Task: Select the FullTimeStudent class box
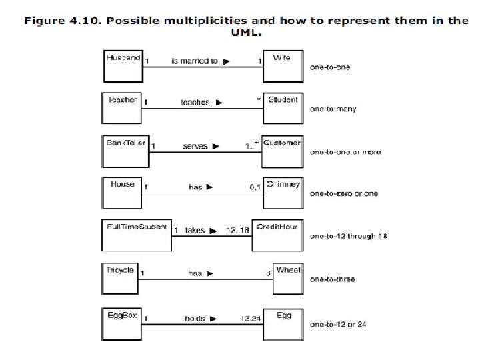coord(137,234)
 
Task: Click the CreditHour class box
coord(276,234)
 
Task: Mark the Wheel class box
coord(288,277)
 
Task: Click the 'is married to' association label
coord(195,61)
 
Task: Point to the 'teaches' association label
coord(195,103)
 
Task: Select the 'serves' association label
coord(195,146)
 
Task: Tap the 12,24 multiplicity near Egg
coord(251,319)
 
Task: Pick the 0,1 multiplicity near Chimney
coord(255,187)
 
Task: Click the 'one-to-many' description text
coord(333,109)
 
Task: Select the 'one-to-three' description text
coord(332,279)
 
